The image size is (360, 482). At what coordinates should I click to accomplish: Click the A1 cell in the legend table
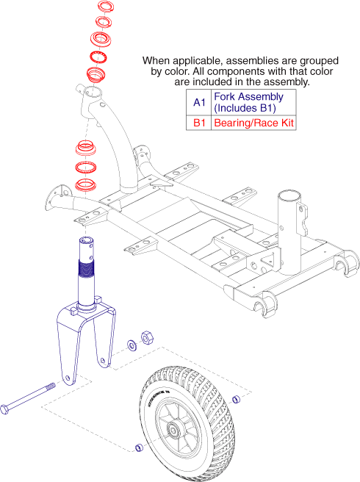point(198,103)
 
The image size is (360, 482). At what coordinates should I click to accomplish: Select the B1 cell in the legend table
point(198,123)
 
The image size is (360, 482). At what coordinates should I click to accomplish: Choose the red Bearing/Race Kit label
point(253,123)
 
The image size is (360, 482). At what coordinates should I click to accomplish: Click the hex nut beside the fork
point(146,338)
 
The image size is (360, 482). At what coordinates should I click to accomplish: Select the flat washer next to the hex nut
point(130,342)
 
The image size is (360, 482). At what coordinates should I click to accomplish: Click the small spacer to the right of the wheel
point(236,399)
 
